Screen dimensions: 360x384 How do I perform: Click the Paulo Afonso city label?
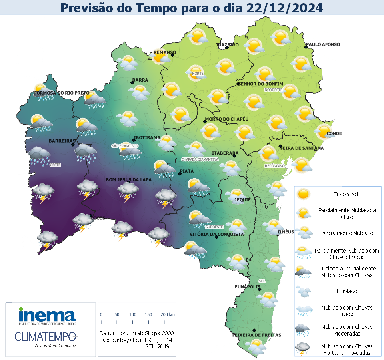[323, 44]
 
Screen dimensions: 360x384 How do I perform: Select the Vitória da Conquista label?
[216, 234]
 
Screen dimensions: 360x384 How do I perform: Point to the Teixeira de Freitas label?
[256, 335]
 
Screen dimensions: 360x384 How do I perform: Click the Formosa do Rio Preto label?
[62, 93]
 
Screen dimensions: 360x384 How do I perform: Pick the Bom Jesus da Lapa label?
[128, 180]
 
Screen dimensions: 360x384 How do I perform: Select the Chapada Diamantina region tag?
[200, 159]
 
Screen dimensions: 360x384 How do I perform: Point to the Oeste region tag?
[55, 165]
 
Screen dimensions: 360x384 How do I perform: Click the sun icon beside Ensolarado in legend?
[304, 194]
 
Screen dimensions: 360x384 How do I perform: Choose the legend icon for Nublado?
[304, 292]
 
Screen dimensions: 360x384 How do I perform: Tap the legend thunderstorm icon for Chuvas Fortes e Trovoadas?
[304, 349]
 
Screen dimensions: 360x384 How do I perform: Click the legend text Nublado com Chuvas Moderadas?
[347, 330]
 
